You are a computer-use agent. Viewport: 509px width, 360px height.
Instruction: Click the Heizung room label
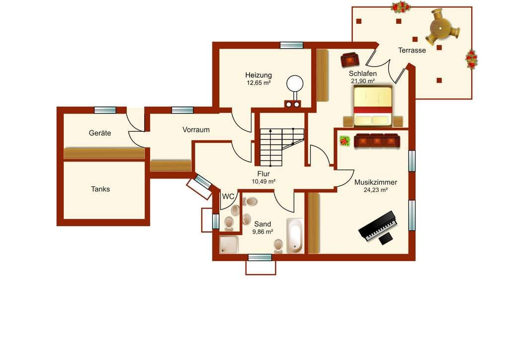258,75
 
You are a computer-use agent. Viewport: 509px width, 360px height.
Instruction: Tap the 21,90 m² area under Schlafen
363,81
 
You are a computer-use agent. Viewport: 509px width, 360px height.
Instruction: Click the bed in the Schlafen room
372,105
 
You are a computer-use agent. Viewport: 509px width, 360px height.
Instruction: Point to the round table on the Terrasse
440,28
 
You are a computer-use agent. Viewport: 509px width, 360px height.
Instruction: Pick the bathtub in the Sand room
295,236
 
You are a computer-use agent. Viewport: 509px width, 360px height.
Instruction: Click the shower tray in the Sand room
229,245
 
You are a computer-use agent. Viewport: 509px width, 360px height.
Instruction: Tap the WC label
228,196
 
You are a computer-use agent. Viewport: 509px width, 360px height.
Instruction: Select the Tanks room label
100,189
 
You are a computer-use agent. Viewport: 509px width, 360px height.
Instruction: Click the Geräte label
100,133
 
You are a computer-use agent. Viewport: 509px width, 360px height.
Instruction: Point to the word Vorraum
196,129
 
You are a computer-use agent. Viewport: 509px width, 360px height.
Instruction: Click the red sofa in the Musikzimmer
377,141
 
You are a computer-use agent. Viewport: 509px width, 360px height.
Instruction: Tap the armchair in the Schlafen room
349,60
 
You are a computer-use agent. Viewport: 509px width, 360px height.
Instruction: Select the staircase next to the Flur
282,147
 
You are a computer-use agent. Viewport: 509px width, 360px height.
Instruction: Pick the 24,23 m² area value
376,190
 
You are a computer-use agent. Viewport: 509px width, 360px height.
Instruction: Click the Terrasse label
412,50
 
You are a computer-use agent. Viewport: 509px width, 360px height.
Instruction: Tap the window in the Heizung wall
291,45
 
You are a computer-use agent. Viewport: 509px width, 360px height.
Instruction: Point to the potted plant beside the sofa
345,141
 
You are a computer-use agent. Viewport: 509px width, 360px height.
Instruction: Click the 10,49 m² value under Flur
263,181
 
